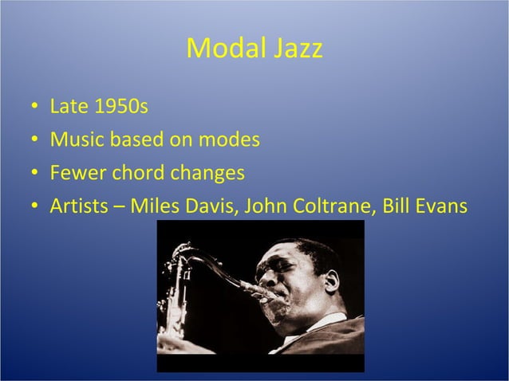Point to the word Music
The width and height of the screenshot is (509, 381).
(75, 140)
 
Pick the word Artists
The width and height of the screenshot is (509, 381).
(79, 206)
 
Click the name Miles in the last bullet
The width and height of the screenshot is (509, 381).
(153, 206)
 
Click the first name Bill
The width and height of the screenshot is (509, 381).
(397, 206)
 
